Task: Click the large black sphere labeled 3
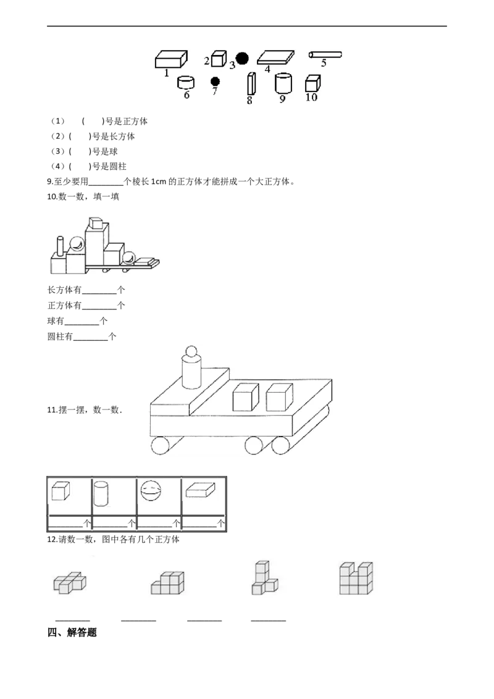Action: click(x=242, y=59)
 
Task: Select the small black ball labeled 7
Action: click(x=215, y=82)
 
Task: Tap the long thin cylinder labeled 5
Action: click(x=325, y=55)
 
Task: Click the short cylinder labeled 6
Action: click(x=185, y=82)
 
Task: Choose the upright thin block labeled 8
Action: click(x=251, y=83)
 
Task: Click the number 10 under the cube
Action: click(x=311, y=98)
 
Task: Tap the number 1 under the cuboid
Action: click(x=166, y=73)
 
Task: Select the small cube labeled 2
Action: click(x=217, y=59)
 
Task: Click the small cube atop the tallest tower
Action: click(x=94, y=223)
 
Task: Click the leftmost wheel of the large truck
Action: click(x=163, y=446)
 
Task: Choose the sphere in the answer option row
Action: click(x=152, y=493)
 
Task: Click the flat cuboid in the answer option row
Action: click(x=201, y=491)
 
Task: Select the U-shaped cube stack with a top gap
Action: click(x=356, y=578)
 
